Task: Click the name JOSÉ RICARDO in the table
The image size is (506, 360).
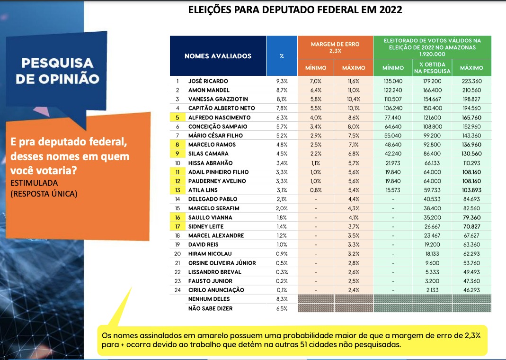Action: [208, 81]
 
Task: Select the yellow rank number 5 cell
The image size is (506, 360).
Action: [177, 117]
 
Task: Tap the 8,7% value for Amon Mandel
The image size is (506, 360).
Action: [282, 90]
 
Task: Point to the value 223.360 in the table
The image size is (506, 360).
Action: [471, 81]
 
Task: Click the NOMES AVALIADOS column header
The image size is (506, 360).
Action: [218, 56]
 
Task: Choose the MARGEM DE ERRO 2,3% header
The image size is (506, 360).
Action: [335, 47]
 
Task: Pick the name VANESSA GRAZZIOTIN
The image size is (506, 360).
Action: [218, 99]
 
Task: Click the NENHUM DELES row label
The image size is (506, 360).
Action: [209, 299]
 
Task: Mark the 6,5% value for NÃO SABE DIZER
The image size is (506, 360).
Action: [282, 309]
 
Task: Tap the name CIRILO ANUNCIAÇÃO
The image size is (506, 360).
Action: [216, 290]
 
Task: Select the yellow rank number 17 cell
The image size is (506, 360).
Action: [177, 226]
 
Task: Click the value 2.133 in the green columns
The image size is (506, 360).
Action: [432, 290]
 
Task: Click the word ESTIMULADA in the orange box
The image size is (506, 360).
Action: [34, 183]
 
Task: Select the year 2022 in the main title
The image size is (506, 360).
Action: [391, 9]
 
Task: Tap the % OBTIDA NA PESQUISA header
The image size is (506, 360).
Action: [432, 68]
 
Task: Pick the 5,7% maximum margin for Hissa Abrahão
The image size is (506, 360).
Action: [354, 163]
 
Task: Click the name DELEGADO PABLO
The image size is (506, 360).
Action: [213, 199]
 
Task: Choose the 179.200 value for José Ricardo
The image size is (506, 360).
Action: [433, 81]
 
